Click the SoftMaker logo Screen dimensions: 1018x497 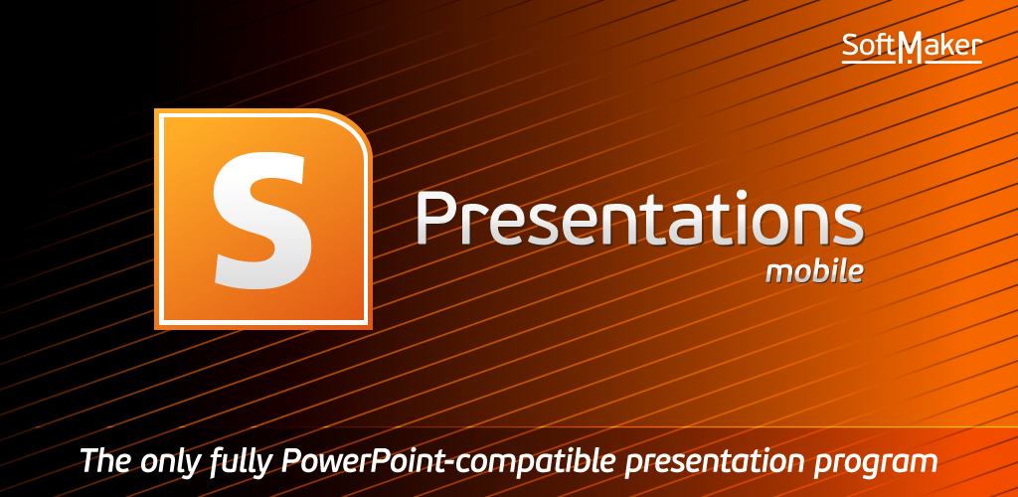[913, 47]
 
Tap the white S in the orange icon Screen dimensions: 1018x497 [260, 221]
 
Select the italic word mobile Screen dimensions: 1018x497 [815, 271]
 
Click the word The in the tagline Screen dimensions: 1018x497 [106, 460]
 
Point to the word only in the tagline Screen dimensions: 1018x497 [171, 462]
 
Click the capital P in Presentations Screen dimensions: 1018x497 [435, 218]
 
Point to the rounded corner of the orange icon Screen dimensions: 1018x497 [356, 126]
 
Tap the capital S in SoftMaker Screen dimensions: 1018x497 [851, 45]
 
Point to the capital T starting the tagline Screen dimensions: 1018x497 [91, 460]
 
